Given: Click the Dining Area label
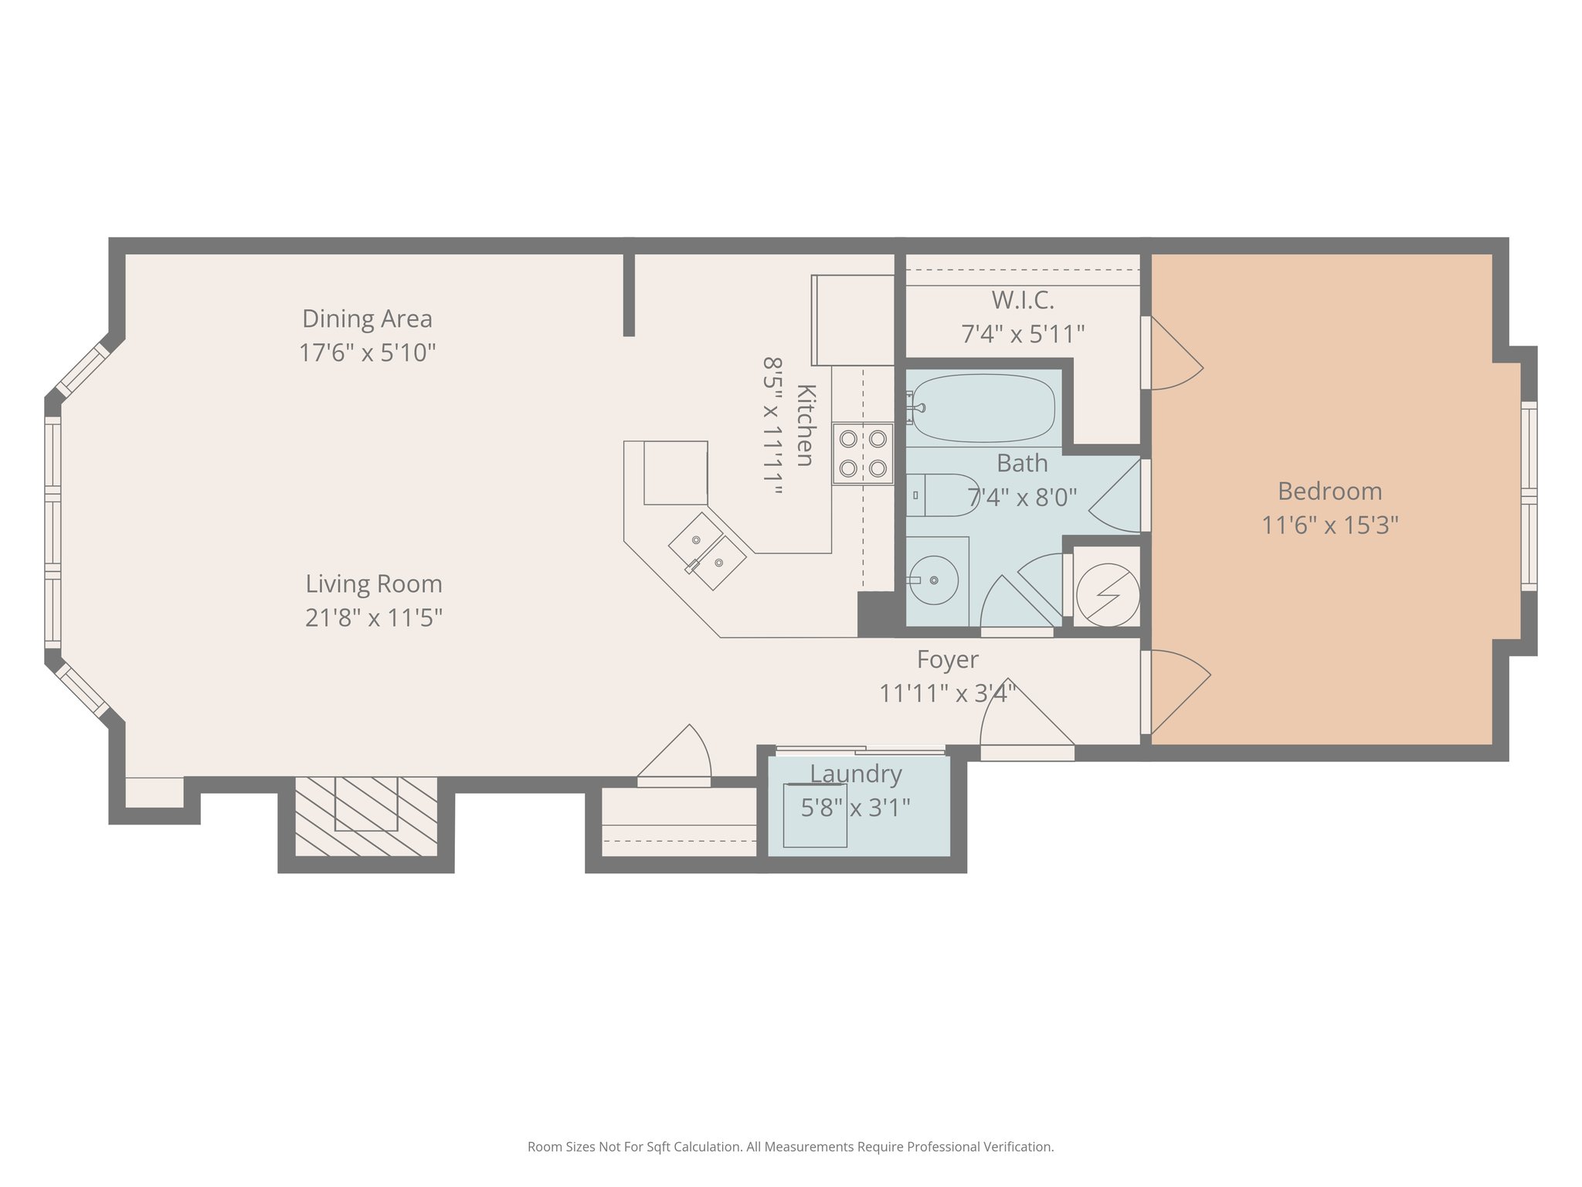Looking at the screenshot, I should (367, 318).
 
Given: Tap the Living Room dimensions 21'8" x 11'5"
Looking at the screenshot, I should (374, 618).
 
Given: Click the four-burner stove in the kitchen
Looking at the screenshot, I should (863, 453).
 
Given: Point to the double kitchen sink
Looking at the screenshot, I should (708, 551).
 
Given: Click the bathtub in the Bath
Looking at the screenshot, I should (983, 408).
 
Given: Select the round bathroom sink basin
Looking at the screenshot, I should (933, 580).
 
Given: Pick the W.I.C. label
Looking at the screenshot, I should (1023, 300).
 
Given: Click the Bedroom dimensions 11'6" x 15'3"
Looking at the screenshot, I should (1330, 525).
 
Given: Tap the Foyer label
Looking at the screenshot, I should (948, 659).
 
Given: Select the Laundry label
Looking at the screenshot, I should (856, 774).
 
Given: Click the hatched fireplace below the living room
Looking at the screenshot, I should (366, 816).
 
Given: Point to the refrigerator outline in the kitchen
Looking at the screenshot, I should (853, 320).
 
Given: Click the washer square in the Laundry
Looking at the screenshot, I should (815, 815).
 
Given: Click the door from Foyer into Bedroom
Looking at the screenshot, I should (1176, 692).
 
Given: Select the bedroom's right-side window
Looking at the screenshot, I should (1529, 495).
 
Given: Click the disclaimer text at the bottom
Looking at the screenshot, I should (790, 1147).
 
